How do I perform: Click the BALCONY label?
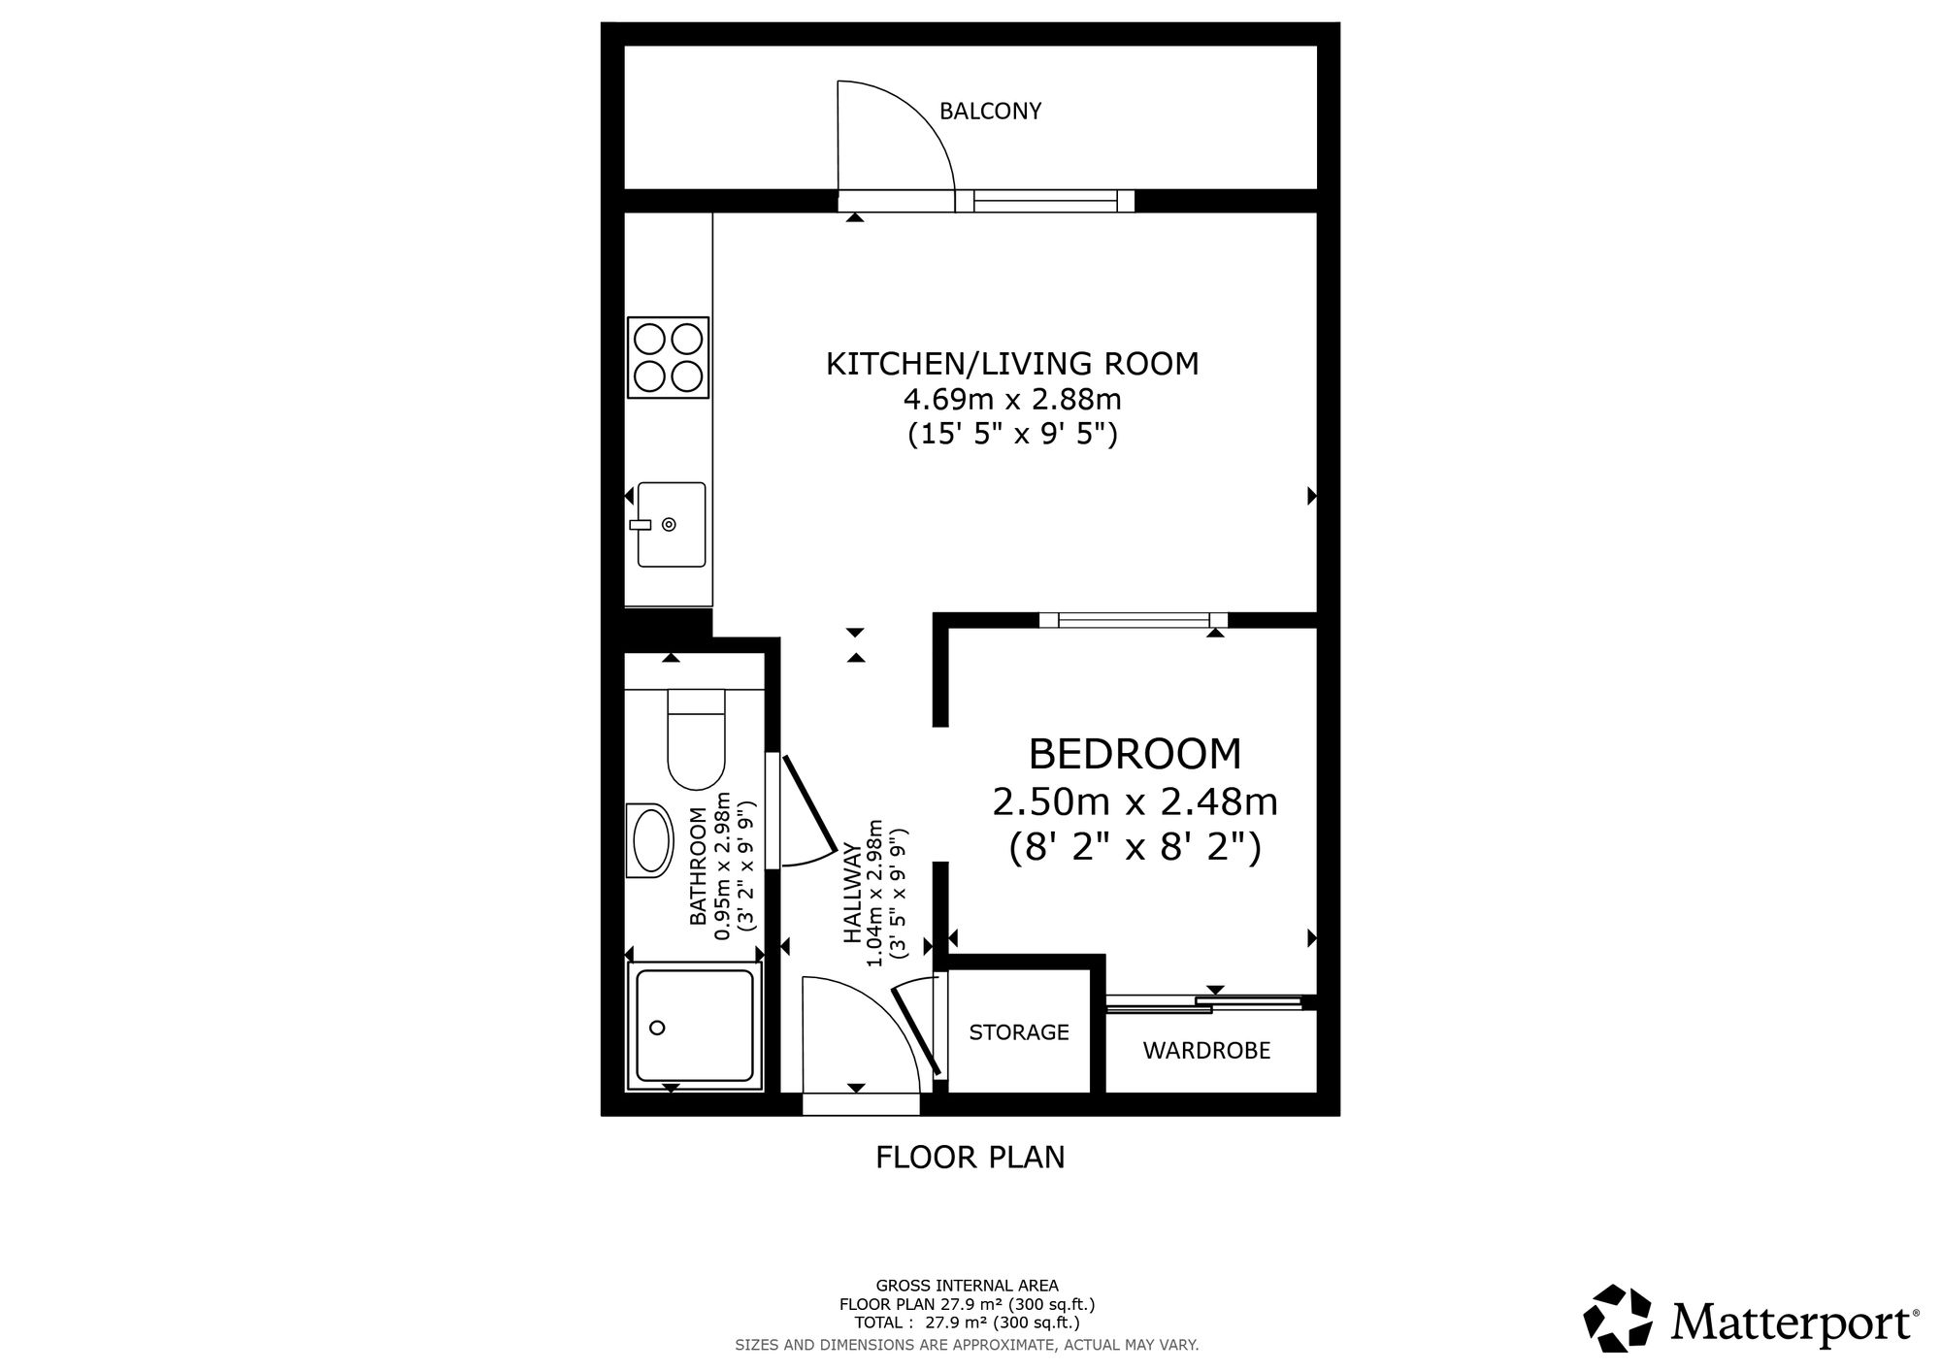(990, 112)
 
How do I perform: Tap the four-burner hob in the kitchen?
(668, 357)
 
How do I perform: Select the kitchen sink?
(671, 525)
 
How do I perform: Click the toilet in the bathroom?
(696, 739)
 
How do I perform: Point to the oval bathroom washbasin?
(651, 840)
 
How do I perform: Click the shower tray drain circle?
(658, 1028)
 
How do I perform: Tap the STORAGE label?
(1019, 1032)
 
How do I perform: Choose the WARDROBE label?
(1206, 1051)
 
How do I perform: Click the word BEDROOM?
(1135, 754)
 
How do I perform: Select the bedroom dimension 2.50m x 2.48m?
(1135, 802)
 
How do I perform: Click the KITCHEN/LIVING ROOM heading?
(1012, 364)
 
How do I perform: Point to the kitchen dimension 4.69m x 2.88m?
(1012, 399)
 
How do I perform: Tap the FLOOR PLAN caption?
(970, 1158)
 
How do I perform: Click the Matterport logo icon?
(1618, 1319)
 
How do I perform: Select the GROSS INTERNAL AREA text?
(968, 1287)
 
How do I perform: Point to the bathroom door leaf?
(809, 803)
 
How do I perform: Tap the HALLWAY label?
(853, 893)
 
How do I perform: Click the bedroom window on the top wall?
(1134, 620)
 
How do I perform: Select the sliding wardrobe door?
(1203, 1004)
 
